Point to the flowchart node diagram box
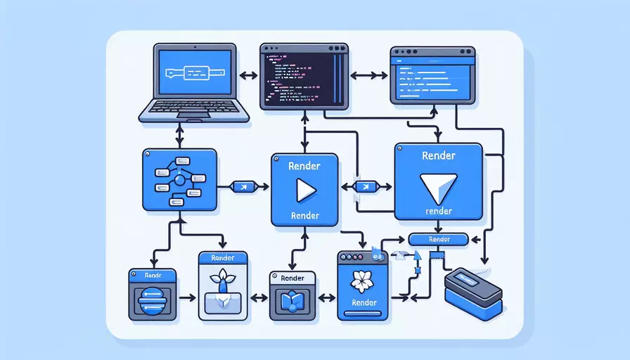click(179, 179)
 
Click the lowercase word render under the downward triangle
click(438, 210)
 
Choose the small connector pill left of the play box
click(242, 186)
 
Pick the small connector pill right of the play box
click(366, 186)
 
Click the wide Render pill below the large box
click(438, 239)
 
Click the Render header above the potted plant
click(224, 259)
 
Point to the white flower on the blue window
click(364, 280)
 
